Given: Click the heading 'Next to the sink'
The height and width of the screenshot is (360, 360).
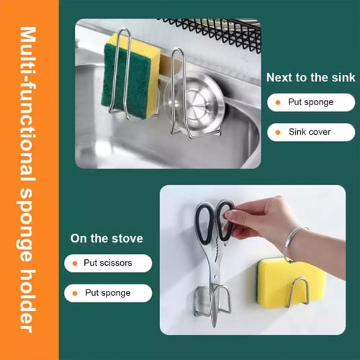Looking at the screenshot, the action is [311, 78].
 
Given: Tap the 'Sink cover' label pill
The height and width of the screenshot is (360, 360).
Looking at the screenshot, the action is [311, 132].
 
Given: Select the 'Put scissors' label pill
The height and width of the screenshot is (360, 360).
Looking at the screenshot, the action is [108, 263].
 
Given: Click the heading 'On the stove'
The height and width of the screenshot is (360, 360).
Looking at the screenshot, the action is [107, 238].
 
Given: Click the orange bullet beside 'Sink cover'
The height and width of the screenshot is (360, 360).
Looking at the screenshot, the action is [278, 132].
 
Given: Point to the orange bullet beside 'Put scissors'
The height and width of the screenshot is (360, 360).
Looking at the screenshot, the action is [75, 264].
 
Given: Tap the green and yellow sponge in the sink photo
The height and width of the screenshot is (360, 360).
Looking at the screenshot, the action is [131, 76].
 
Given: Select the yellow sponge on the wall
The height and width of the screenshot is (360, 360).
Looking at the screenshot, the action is [292, 283].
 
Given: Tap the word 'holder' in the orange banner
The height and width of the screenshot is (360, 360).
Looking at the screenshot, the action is [27, 300].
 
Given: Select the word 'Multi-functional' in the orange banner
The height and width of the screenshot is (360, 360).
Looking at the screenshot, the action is [27, 104].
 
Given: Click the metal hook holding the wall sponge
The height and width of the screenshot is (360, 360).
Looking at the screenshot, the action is [298, 292].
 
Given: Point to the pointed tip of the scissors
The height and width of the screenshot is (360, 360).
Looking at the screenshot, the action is [214, 325].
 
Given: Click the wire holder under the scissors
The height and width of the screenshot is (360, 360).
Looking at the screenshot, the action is [212, 300].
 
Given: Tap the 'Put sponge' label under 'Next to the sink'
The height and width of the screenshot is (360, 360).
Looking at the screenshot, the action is [311, 102].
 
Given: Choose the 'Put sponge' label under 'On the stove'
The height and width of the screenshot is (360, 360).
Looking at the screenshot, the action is [108, 293].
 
